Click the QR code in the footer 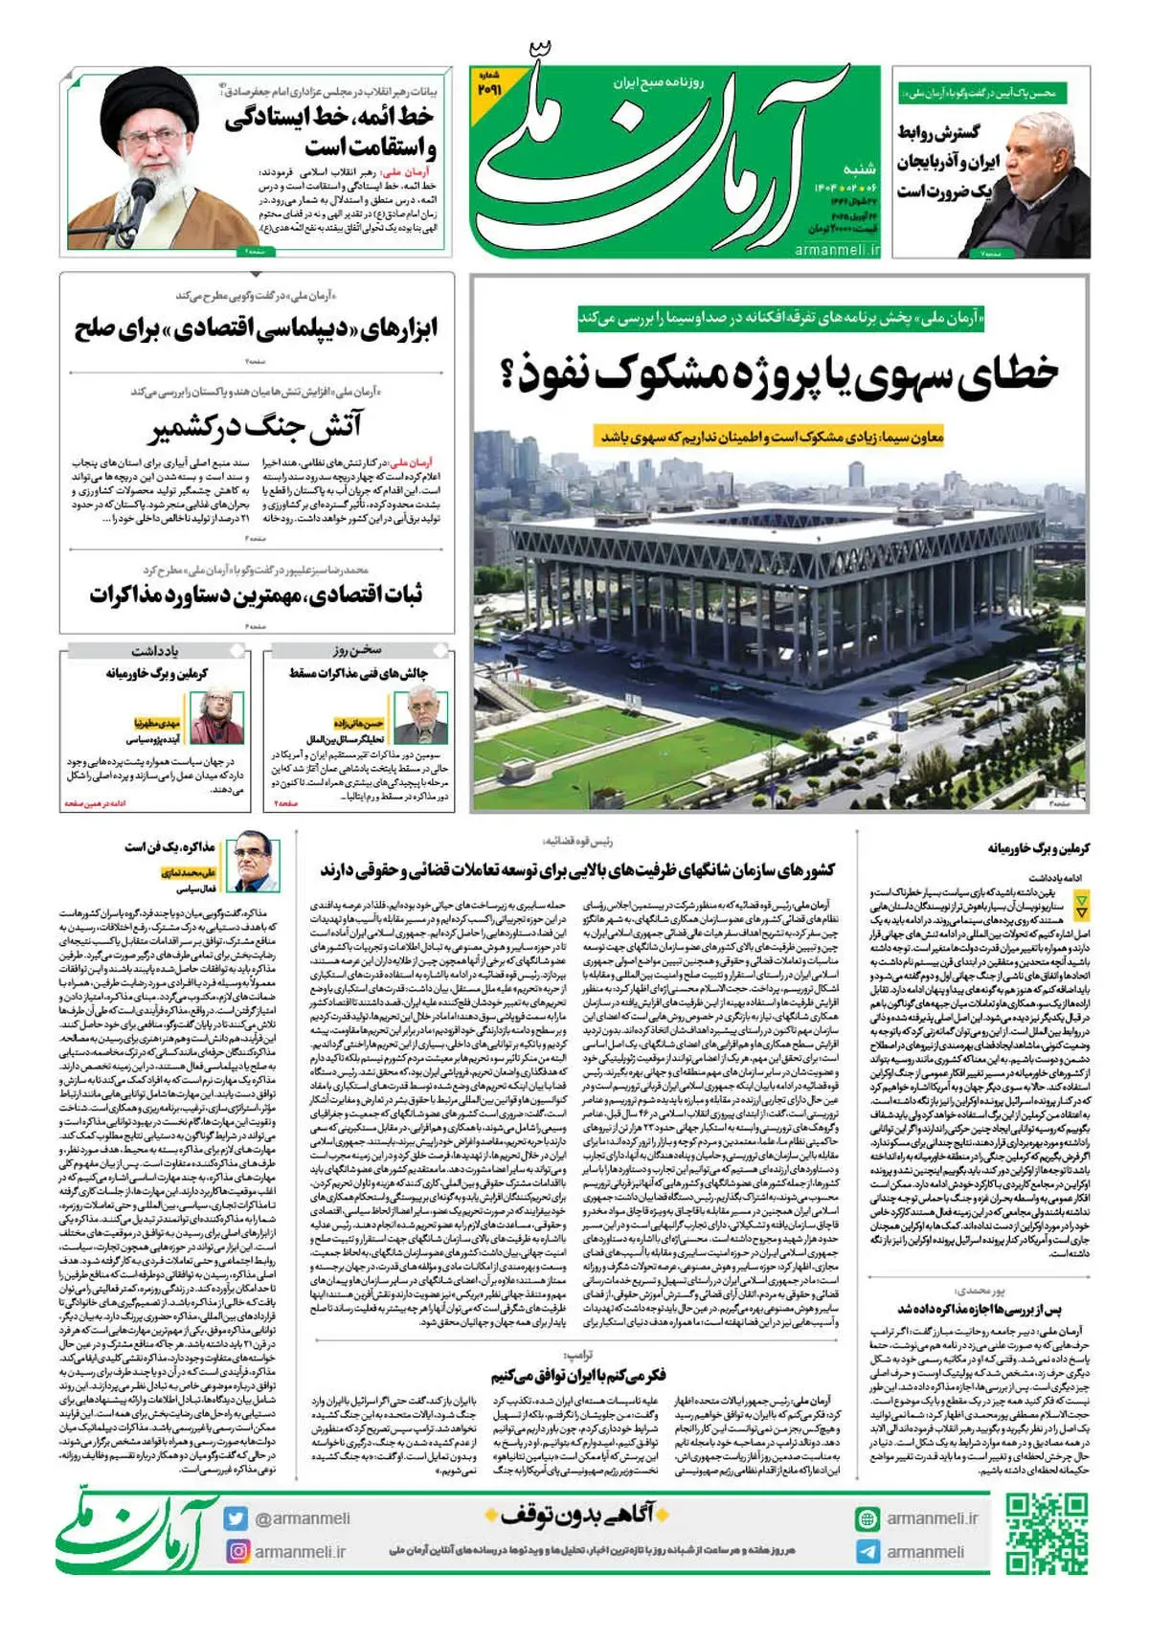pos(1047,1533)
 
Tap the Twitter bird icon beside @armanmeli pos(236,1518)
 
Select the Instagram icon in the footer pos(236,1551)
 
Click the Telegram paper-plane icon pos(867,1552)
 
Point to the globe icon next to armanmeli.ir pos(867,1518)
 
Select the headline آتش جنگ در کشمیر pos(256,427)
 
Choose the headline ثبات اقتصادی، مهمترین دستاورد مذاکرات pos(256,595)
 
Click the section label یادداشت pos(155,650)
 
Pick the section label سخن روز pos(358,650)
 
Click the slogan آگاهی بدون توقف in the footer pos(578,1515)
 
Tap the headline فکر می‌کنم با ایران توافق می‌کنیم pos(577,1376)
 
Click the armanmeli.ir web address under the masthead pos(837,249)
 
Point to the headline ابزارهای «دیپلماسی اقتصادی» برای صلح pos(256,329)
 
